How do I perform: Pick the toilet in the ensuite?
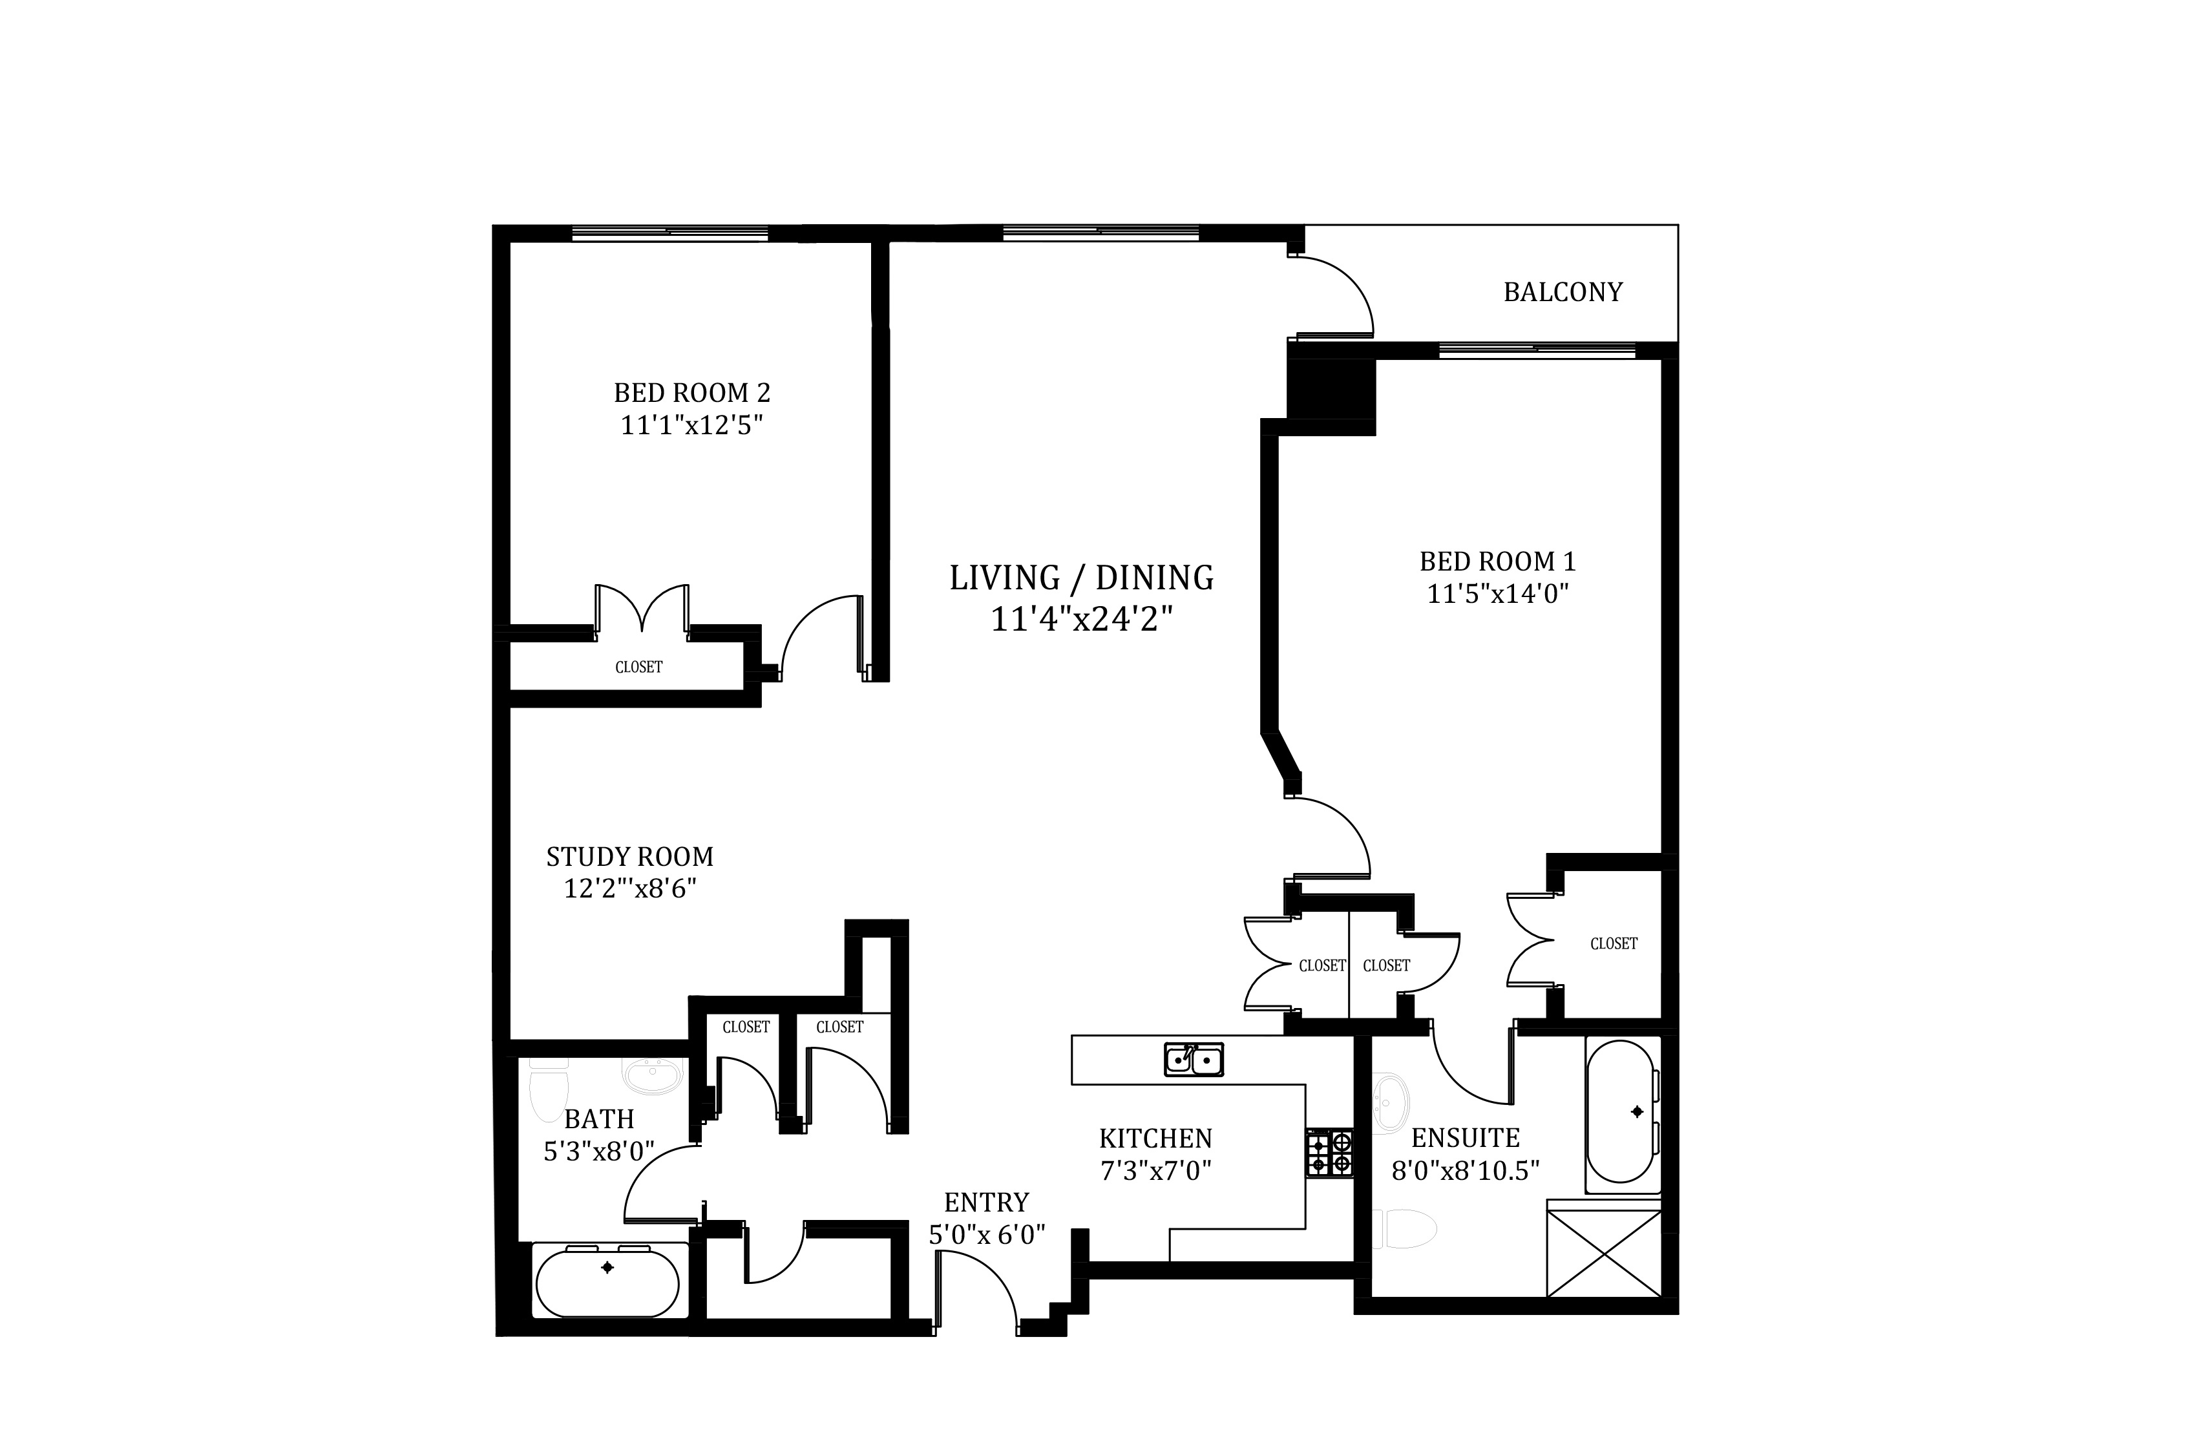(x=1404, y=1228)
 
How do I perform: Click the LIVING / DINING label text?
(x=1081, y=578)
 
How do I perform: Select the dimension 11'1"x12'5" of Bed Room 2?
(x=692, y=425)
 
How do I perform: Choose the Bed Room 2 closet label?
(x=639, y=667)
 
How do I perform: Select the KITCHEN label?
(x=1155, y=1139)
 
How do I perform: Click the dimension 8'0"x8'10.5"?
(x=1466, y=1171)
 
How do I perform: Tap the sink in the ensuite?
(x=1389, y=1102)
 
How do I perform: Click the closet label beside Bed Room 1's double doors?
(x=1614, y=943)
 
